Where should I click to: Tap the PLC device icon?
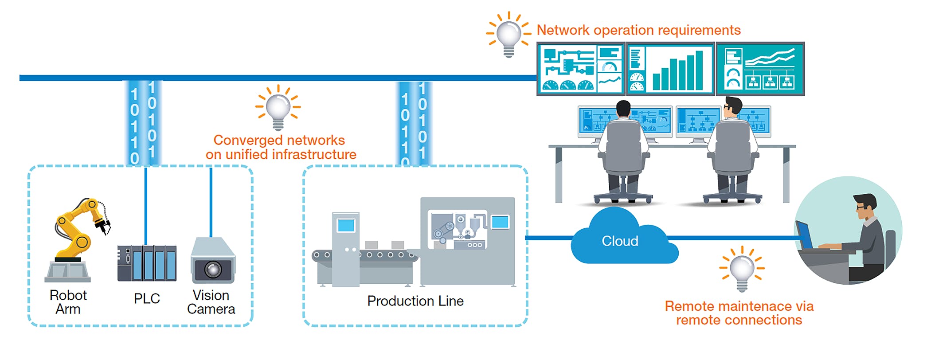(147, 263)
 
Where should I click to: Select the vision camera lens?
(213, 269)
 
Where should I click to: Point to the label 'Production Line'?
(415, 301)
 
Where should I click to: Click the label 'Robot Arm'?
(68, 302)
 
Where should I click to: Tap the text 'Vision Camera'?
(211, 302)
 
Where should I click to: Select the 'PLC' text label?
(147, 298)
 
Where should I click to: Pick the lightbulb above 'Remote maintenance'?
(742, 269)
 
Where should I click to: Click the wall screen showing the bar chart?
(670, 69)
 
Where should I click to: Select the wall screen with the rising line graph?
(760, 69)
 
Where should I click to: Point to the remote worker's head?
(865, 207)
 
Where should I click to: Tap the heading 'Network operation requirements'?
(638, 30)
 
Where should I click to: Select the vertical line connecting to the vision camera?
(211, 202)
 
